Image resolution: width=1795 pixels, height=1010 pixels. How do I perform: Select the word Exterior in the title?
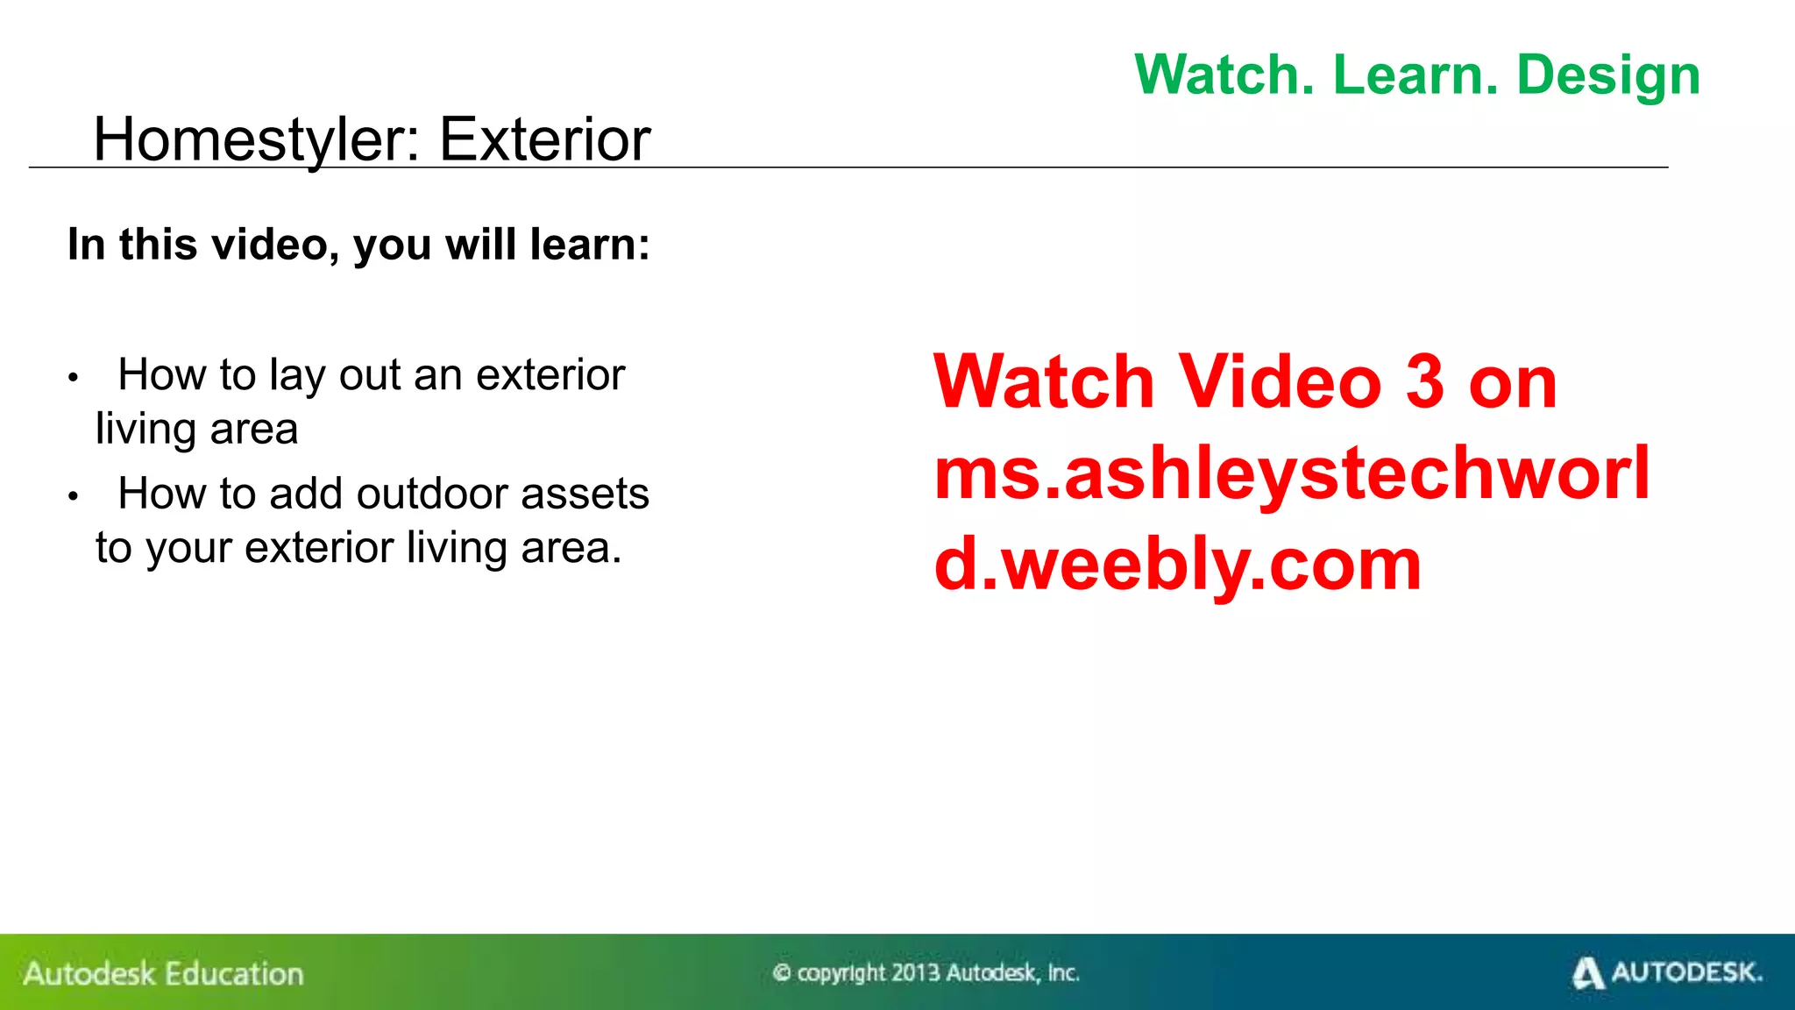pos(544,140)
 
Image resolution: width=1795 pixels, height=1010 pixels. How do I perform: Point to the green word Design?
pos(1608,77)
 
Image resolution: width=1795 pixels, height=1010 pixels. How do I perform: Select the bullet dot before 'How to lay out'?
pos(74,378)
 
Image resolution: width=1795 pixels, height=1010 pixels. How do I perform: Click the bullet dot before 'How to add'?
pos(74,496)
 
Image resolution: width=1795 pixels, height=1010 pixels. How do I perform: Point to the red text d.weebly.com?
pos(1177,565)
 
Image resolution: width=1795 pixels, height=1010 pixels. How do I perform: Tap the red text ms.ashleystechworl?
pos(1292,474)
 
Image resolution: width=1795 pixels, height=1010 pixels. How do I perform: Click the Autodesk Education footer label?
pos(164,974)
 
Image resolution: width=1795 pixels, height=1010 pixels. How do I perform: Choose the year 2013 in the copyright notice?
pos(916,973)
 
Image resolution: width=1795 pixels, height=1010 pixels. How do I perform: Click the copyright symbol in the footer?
pos(782,973)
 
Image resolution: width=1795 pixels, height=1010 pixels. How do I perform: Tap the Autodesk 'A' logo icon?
pos(1587,973)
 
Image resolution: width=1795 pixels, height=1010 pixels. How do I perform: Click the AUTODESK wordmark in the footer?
pos(1686,972)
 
